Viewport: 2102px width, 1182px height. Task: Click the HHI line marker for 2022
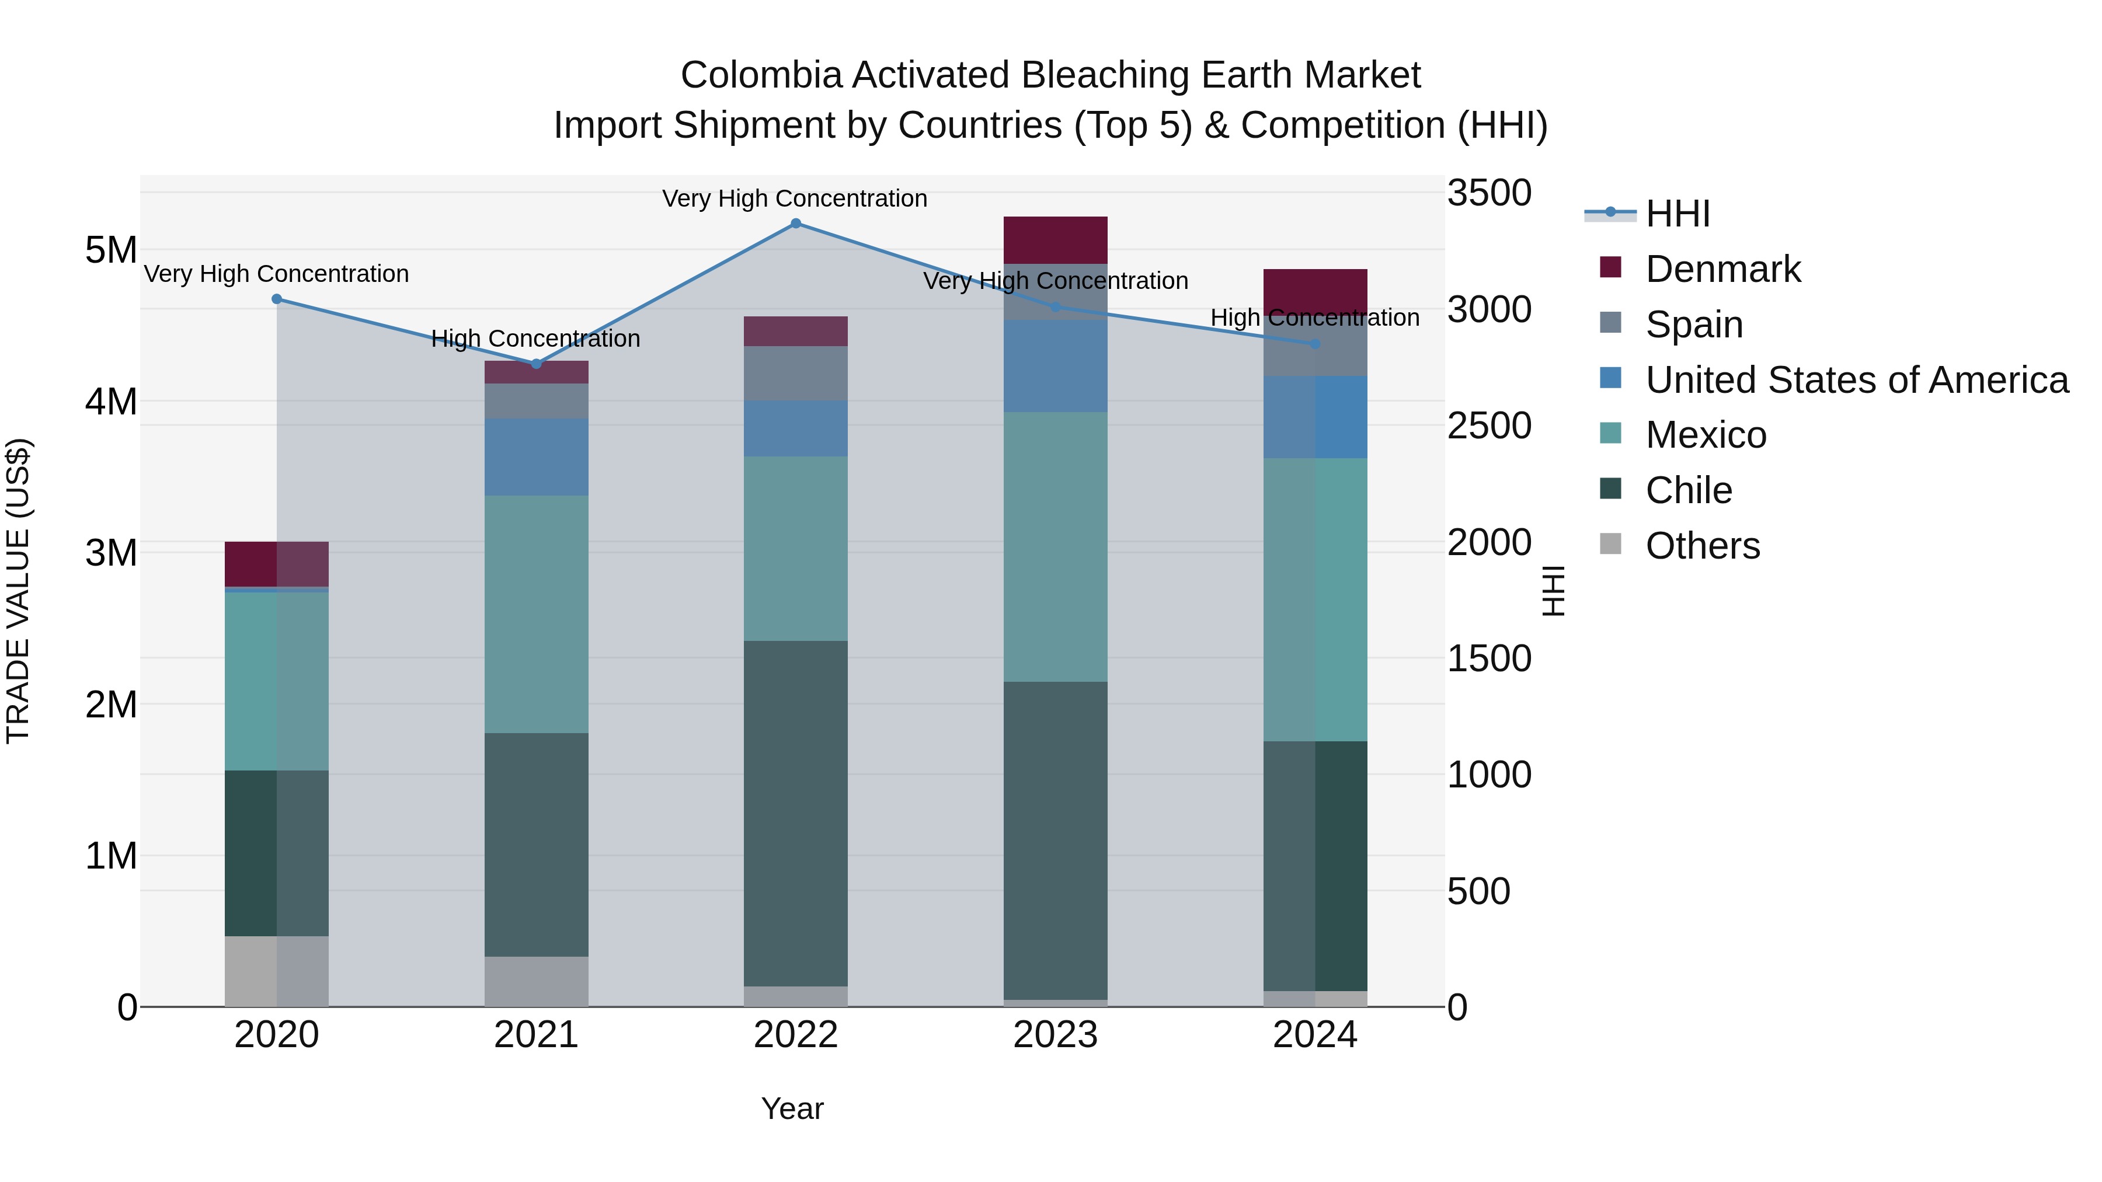point(796,223)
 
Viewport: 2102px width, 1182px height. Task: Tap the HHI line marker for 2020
point(277,299)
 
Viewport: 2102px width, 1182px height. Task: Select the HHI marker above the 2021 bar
point(536,364)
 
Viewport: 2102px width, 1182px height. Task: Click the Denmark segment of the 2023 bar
point(1055,240)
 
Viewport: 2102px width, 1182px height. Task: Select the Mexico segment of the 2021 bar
point(536,614)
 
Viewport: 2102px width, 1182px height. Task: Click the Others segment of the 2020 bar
point(277,971)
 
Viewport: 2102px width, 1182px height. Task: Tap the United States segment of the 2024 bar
point(1314,417)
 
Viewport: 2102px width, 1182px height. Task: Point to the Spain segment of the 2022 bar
point(796,373)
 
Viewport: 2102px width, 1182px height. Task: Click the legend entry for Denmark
point(1722,269)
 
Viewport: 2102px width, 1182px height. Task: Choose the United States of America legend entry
point(1856,380)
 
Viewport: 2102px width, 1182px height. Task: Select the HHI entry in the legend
point(1677,214)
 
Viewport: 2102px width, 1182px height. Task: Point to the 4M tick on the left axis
point(111,402)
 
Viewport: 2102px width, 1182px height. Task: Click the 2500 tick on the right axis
point(1489,426)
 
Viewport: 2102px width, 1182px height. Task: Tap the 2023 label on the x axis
point(1055,1035)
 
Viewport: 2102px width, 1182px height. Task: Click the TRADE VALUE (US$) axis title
point(18,591)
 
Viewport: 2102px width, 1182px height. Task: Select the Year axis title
point(792,1108)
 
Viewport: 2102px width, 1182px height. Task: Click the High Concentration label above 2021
point(535,339)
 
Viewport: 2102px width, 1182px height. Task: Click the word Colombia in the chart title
point(760,75)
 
